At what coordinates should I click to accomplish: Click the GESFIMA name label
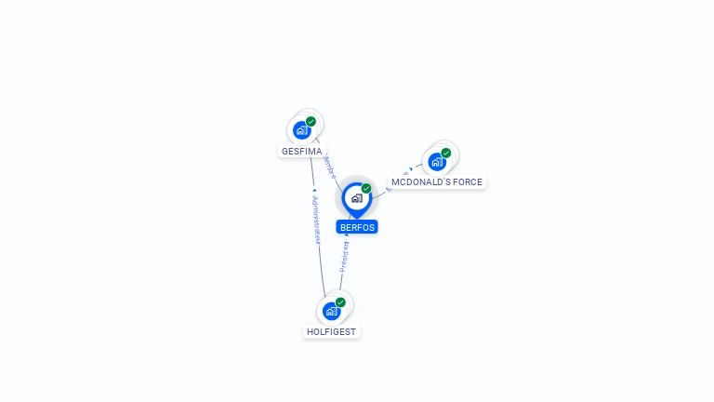click(301, 151)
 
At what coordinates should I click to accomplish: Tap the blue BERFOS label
click(357, 227)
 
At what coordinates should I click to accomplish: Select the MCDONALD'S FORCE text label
click(437, 182)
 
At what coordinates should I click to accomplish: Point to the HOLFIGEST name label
click(331, 331)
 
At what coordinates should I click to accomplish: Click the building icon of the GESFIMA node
click(300, 130)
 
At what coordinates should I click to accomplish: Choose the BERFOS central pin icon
click(355, 198)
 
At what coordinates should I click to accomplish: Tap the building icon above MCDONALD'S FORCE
click(436, 161)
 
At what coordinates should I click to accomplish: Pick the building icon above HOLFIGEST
click(331, 311)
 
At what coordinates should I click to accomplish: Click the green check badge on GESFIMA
click(311, 122)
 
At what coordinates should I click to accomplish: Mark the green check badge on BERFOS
click(366, 189)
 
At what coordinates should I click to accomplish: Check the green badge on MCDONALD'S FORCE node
click(446, 153)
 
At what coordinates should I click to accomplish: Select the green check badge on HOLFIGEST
click(340, 302)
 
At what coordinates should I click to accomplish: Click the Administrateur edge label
click(316, 221)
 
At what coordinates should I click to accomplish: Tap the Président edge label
click(343, 253)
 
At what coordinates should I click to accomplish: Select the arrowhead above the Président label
click(347, 235)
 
